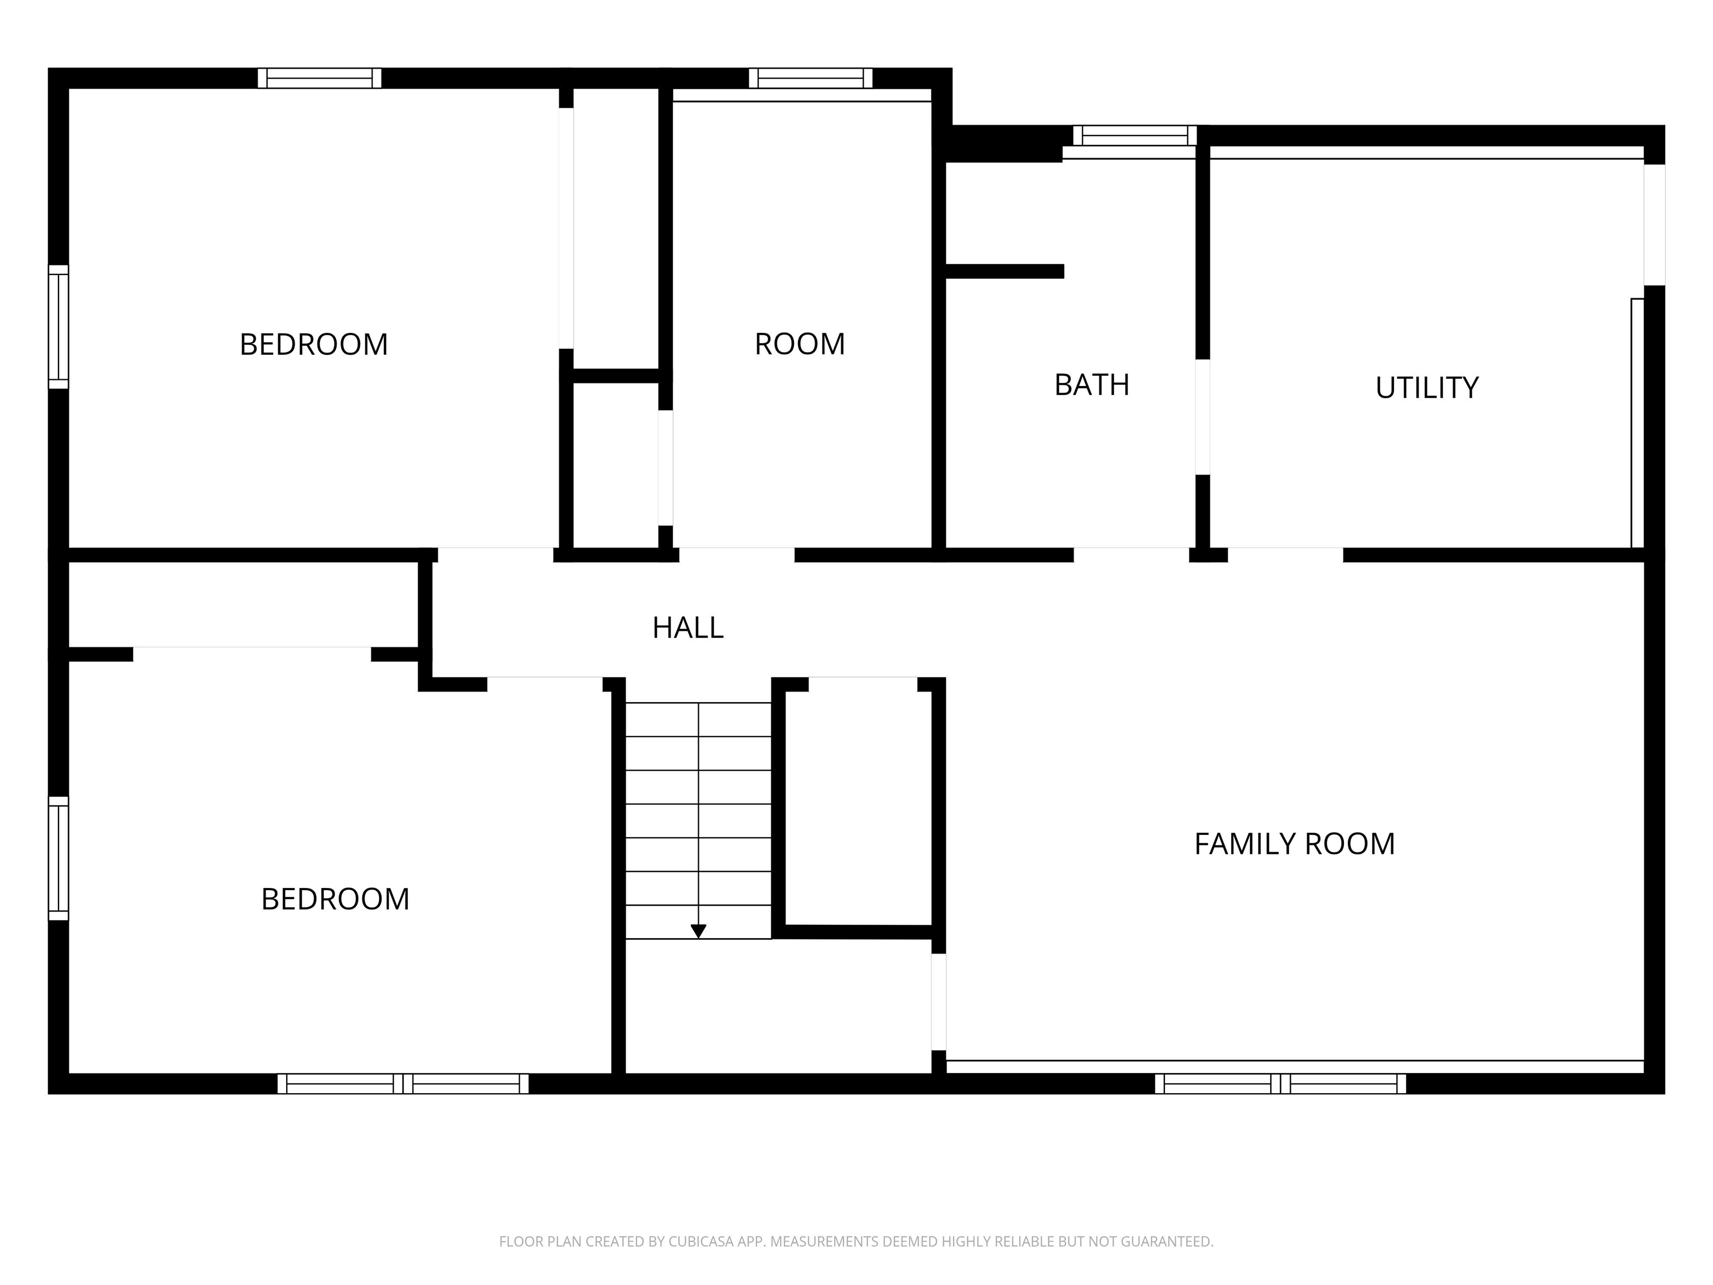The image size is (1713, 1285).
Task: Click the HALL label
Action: coord(688,627)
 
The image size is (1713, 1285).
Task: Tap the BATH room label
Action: coord(1092,385)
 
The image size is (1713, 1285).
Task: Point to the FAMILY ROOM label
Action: coord(1294,843)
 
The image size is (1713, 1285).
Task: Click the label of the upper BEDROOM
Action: coord(313,345)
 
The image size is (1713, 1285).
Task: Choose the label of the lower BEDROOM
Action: coord(335,899)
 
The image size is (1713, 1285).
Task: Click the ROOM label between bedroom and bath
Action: coord(800,344)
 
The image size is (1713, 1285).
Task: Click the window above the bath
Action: coord(1135,136)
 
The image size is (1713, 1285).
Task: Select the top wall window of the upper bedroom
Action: coord(320,78)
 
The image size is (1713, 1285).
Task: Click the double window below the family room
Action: coord(1281,1084)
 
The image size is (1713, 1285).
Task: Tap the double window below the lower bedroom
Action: coord(404,1084)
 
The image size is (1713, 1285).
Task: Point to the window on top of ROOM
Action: coord(811,78)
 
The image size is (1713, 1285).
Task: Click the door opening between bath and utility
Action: coord(1203,417)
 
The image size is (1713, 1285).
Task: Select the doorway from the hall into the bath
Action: coord(1131,554)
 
